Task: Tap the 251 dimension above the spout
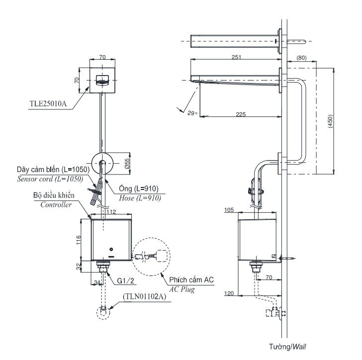pos(236,58)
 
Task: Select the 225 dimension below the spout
pos(240,114)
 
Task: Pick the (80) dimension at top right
pos(301,58)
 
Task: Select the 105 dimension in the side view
pos(229,210)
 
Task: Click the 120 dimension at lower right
pos(229,294)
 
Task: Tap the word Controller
pos(56,204)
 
